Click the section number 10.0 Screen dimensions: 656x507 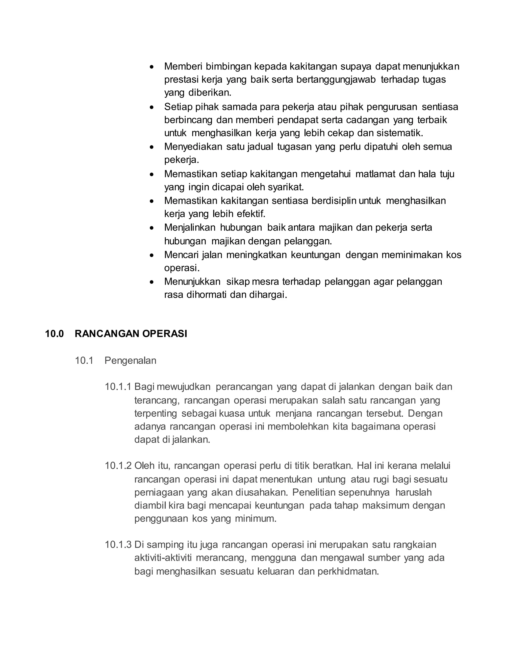[54, 334]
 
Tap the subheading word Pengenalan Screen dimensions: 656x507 [130, 360]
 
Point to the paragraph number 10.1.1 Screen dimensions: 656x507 [118, 387]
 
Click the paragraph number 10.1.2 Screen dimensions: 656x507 [118, 466]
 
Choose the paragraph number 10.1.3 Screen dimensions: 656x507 [118, 545]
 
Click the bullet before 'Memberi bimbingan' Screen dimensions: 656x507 [152, 66]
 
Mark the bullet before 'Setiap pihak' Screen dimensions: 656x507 [152, 107]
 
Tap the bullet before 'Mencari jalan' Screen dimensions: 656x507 [152, 255]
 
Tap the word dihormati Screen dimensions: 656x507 [207, 295]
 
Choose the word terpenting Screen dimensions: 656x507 [156, 414]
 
